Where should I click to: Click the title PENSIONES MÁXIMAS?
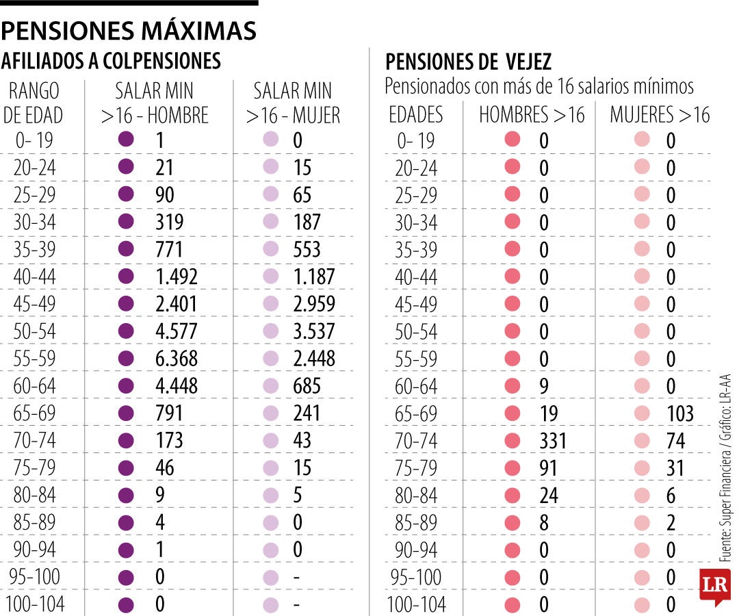(129, 30)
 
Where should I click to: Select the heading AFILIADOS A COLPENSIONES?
(111, 62)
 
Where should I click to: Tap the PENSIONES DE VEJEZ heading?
(468, 62)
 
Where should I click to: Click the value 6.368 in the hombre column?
(177, 359)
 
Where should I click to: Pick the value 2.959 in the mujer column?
(314, 304)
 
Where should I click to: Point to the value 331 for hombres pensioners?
(553, 440)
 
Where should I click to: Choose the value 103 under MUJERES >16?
(679, 413)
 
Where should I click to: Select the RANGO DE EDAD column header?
(34, 103)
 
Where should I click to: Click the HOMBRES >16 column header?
(532, 115)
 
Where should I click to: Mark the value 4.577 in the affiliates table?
(177, 331)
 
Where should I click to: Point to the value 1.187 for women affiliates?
(314, 277)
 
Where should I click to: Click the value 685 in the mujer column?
(307, 386)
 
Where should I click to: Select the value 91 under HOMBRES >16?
(548, 467)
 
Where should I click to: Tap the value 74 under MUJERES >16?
(675, 440)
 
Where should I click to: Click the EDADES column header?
(416, 115)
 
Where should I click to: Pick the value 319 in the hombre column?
(170, 222)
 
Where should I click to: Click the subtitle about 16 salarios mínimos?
(539, 87)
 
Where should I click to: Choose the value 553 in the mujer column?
(307, 249)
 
